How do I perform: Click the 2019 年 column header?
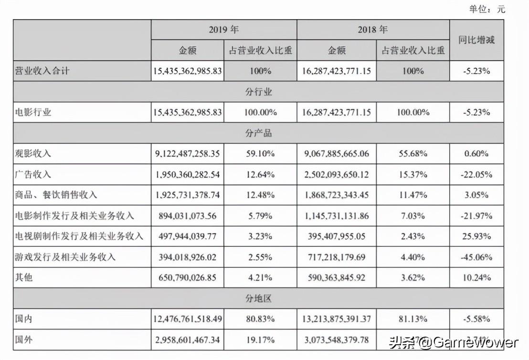223,30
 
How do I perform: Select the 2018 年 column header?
373,30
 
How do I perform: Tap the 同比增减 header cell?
476,40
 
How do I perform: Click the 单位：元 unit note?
487,9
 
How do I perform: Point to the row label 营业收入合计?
42,71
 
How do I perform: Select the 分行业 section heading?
258,92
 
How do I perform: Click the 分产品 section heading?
258,133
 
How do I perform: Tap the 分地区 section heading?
258,299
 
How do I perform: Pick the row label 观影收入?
33,154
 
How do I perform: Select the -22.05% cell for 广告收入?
476,175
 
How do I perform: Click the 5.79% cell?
260,216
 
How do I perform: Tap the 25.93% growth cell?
476,236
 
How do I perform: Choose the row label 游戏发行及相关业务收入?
66,257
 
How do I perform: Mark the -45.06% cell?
476,257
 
